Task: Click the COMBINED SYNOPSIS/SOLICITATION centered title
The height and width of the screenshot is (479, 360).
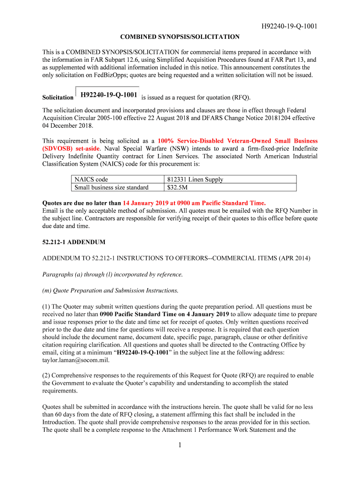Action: pos(180,36)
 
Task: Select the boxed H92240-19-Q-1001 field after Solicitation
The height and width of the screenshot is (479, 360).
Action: pos(108,95)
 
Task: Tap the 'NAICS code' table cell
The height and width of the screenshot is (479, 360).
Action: pos(91,179)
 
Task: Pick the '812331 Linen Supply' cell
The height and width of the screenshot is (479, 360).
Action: pos(195,179)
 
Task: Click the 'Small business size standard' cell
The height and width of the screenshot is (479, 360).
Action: pos(111,187)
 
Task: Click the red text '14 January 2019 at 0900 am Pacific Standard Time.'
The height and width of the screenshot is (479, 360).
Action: pos(194,203)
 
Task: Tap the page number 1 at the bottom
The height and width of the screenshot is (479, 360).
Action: pos(180,445)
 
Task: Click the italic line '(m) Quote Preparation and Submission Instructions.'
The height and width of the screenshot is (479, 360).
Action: pos(110,290)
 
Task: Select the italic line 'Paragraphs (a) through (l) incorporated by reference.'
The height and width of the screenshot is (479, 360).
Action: pos(112,274)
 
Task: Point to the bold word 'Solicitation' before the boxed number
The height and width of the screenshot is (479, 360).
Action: pos(58,98)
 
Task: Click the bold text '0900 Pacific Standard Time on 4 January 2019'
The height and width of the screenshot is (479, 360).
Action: pos(164,314)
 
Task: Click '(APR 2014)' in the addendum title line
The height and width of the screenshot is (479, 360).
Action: pos(291,258)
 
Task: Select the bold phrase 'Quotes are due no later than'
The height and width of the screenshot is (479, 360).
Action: pos(82,203)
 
